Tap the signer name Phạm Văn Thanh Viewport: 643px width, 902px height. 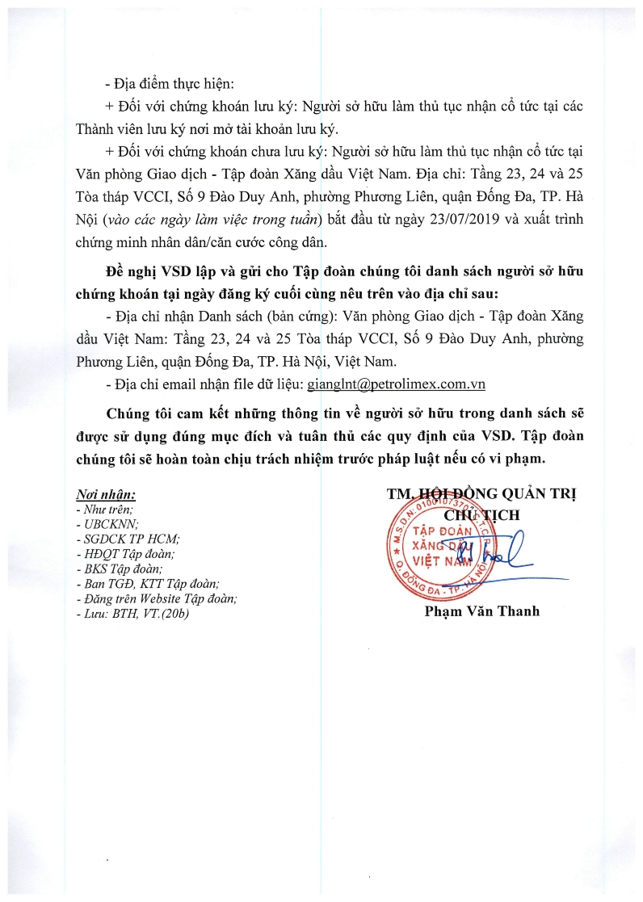coord(482,611)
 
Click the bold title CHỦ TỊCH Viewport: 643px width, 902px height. coord(483,514)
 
